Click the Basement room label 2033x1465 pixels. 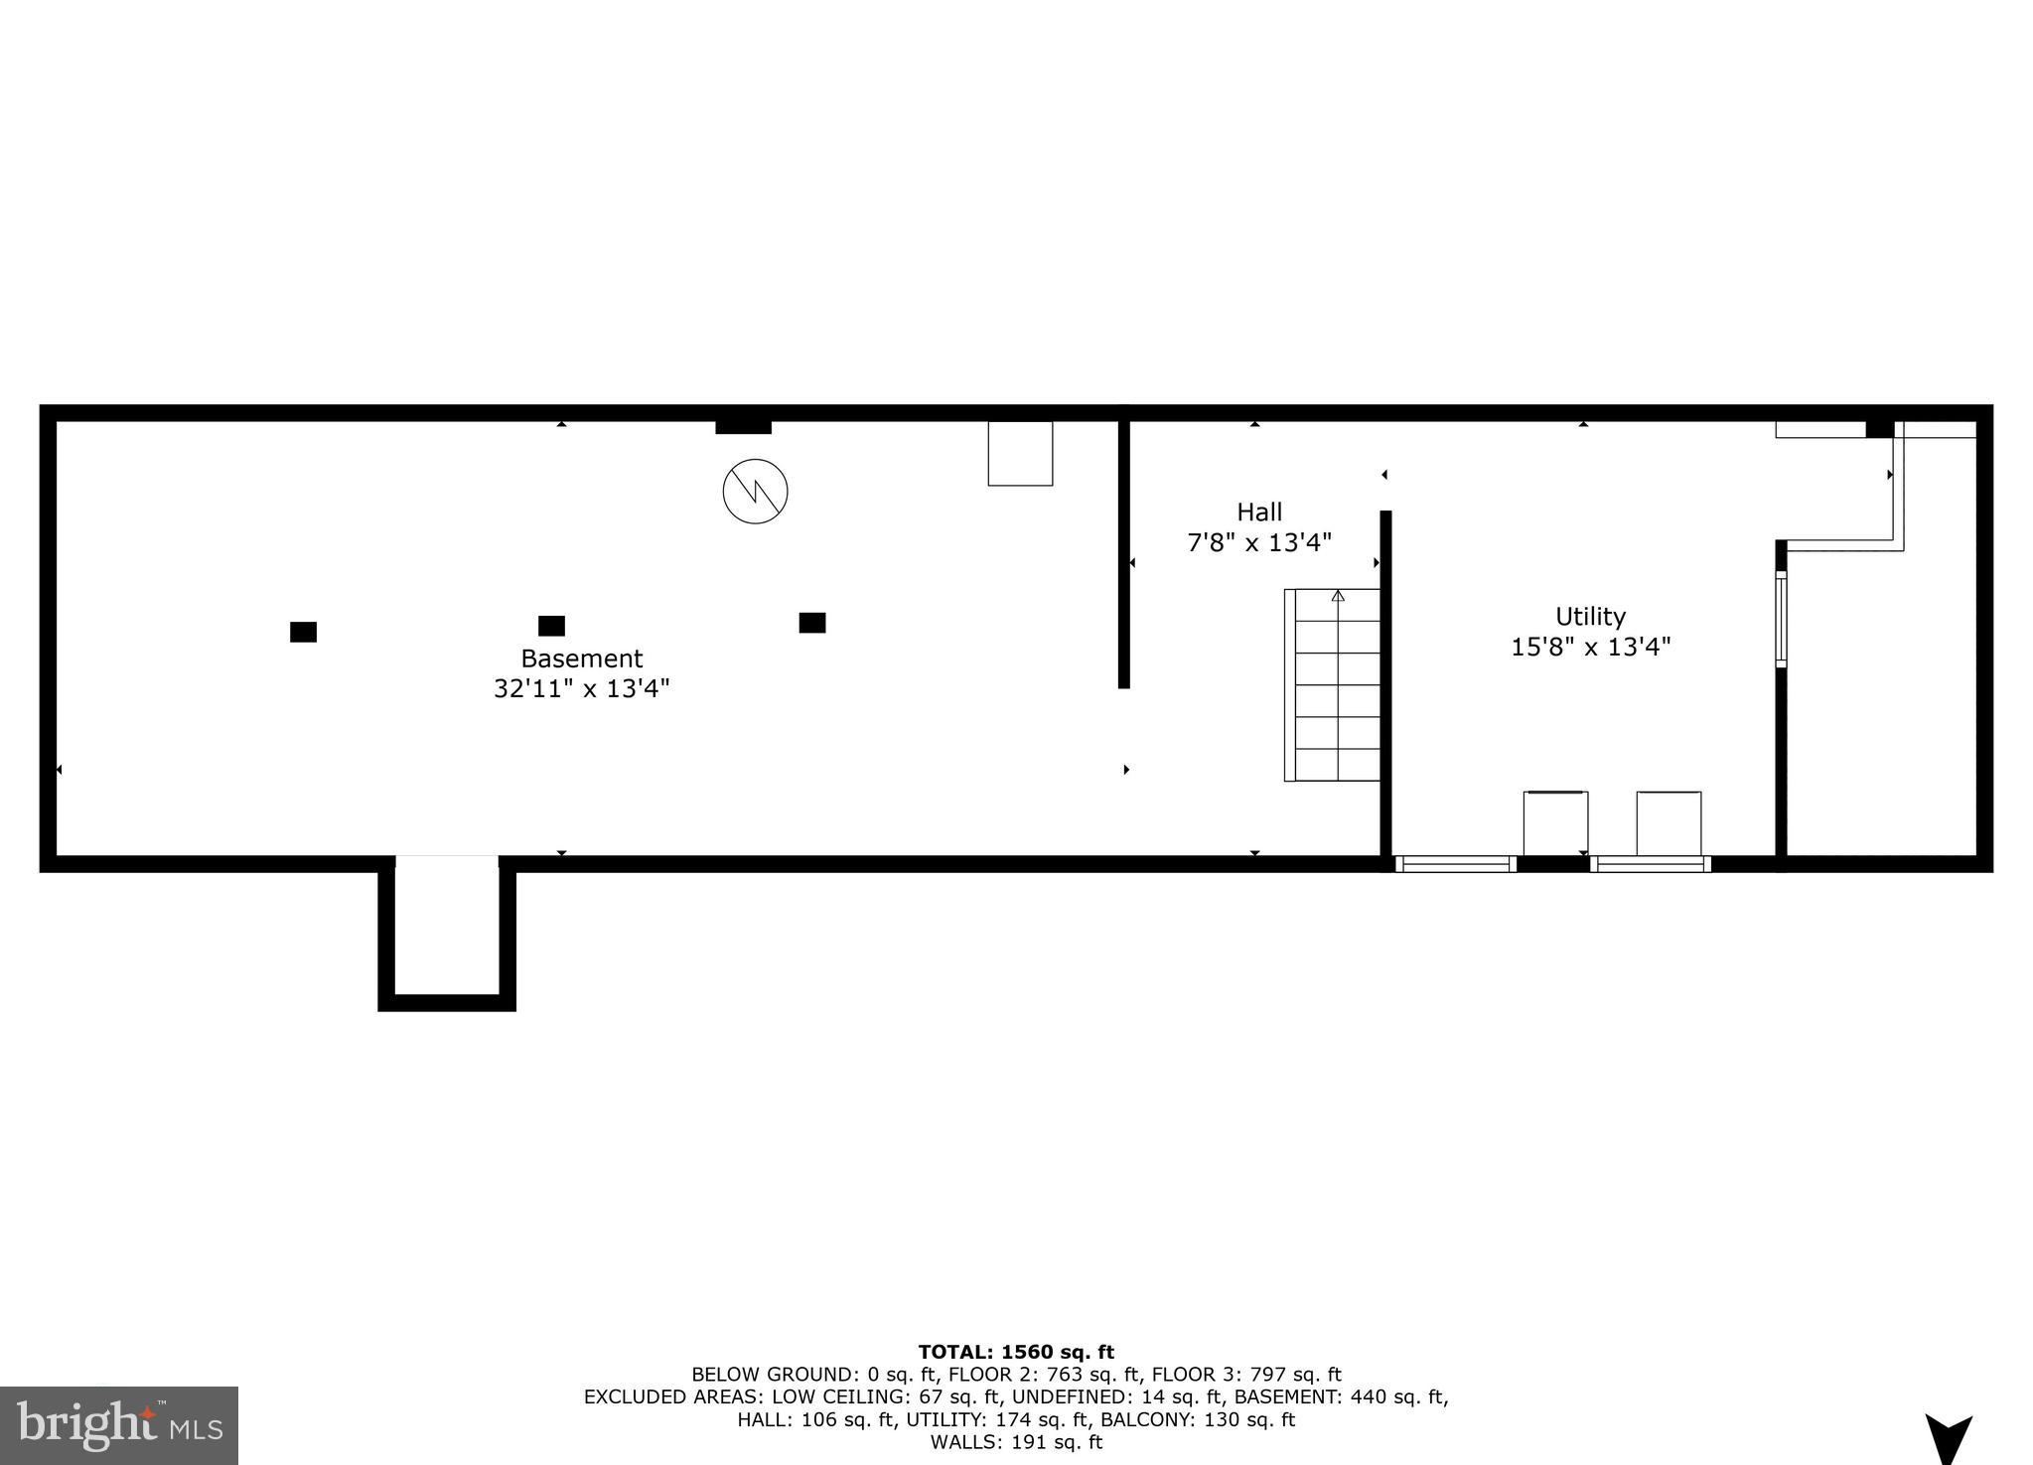click(x=581, y=659)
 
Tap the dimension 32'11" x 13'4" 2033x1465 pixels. click(x=581, y=688)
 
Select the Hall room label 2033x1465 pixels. click(x=1258, y=513)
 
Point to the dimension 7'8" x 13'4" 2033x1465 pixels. click(x=1258, y=543)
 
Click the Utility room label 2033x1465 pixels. click(x=1590, y=616)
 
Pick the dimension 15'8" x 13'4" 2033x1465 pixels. click(x=1590, y=648)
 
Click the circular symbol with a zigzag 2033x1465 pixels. click(x=755, y=491)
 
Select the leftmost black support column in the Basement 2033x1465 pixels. click(x=303, y=632)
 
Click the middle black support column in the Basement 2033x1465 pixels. click(x=551, y=626)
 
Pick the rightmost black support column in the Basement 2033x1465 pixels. click(x=811, y=623)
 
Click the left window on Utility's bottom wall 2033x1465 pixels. click(x=1456, y=864)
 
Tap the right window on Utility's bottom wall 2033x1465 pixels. click(x=1650, y=864)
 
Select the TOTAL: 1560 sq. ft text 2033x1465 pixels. click(x=1015, y=1352)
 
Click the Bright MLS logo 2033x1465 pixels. click(x=119, y=1426)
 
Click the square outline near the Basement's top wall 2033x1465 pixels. click(x=1020, y=454)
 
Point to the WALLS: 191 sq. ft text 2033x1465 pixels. click(x=1015, y=1442)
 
